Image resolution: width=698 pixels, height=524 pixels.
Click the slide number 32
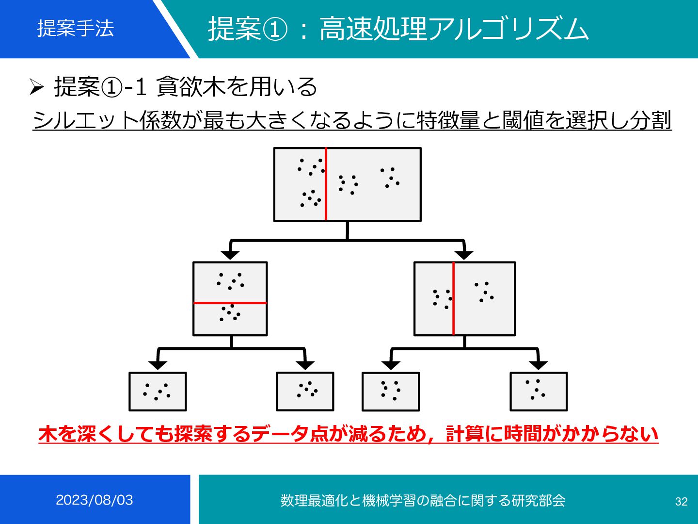681,501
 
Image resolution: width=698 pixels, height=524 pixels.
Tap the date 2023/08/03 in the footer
94,500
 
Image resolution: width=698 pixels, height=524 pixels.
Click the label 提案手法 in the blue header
76,28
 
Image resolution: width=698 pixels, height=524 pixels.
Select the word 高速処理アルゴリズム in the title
454,29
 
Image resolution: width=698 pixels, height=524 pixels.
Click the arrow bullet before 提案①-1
37,87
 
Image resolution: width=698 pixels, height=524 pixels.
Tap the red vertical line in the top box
326,184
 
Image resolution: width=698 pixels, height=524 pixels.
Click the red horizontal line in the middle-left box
230,303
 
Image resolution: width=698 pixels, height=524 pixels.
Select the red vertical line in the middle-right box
453,298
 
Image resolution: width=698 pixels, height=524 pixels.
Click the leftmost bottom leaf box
158,392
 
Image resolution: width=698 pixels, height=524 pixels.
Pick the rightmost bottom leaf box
539,392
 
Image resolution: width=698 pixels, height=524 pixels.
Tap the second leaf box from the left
305,392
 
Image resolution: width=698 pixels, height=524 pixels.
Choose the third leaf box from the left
391,392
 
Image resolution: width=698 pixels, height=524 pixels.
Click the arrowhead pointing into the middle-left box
230,255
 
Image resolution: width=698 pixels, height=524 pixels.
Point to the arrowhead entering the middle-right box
464,255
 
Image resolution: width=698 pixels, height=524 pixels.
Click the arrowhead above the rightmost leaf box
539,365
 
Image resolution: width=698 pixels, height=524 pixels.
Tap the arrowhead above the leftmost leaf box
158,365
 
